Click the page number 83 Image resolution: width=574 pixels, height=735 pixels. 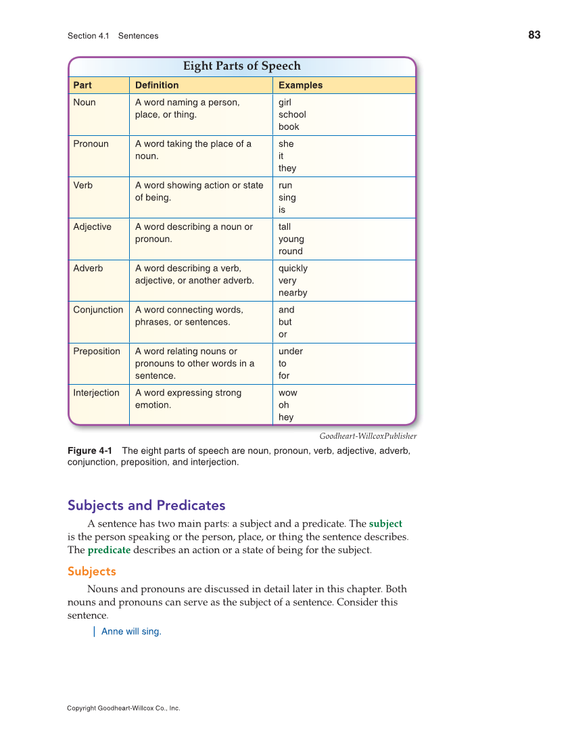[x=534, y=35]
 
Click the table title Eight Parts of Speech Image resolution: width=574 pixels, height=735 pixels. [x=242, y=66]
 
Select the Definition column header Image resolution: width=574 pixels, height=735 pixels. [x=157, y=85]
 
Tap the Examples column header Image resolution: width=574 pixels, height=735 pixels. [x=300, y=85]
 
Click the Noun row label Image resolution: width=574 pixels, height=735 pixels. [x=85, y=103]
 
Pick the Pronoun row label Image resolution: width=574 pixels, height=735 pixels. [x=91, y=144]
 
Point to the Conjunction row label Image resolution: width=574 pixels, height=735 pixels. [x=98, y=310]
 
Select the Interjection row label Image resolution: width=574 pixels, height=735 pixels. [x=96, y=393]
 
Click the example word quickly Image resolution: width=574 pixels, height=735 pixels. [x=293, y=268]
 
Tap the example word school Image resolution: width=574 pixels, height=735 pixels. [x=292, y=115]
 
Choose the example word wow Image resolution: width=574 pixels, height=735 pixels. [x=287, y=393]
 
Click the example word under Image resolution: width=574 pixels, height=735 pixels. [x=291, y=352]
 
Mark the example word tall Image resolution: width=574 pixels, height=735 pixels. [x=285, y=227]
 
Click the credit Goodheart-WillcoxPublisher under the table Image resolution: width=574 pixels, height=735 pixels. [x=368, y=436]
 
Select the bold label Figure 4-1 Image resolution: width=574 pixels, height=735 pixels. [x=90, y=451]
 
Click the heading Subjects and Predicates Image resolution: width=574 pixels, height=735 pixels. [x=146, y=505]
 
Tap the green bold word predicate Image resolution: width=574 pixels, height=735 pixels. [x=109, y=550]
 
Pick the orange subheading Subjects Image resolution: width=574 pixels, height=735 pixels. [x=92, y=571]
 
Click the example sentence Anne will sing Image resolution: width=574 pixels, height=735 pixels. [x=131, y=632]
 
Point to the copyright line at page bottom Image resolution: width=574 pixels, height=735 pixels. [x=124, y=709]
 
